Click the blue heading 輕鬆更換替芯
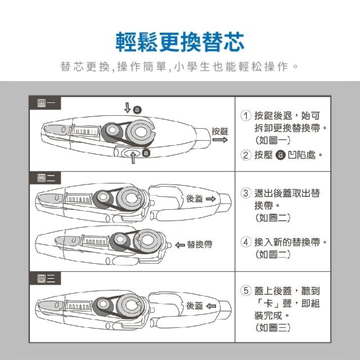[x=180, y=42]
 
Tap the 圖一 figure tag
[x=45, y=103]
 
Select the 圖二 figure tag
[x=45, y=178]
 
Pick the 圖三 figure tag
[x=45, y=278]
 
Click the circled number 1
[x=246, y=116]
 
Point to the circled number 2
[x=246, y=155]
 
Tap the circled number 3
[x=246, y=193]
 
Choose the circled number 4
[x=246, y=242]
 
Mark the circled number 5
[x=246, y=291]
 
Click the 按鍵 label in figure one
[x=220, y=131]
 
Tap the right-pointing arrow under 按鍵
[x=220, y=140]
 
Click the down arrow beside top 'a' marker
[x=128, y=107]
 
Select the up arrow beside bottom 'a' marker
[x=133, y=157]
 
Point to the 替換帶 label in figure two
[x=200, y=245]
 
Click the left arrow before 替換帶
[x=180, y=245]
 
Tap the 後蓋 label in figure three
[x=195, y=305]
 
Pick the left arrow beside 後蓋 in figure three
[x=211, y=306]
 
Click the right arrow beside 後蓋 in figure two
[x=211, y=199]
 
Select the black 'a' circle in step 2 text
[x=280, y=155]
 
